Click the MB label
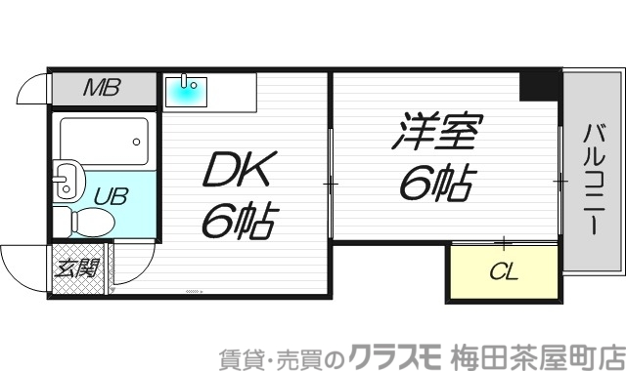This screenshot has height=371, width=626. tap(101, 90)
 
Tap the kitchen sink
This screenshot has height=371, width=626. tap(187, 91)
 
